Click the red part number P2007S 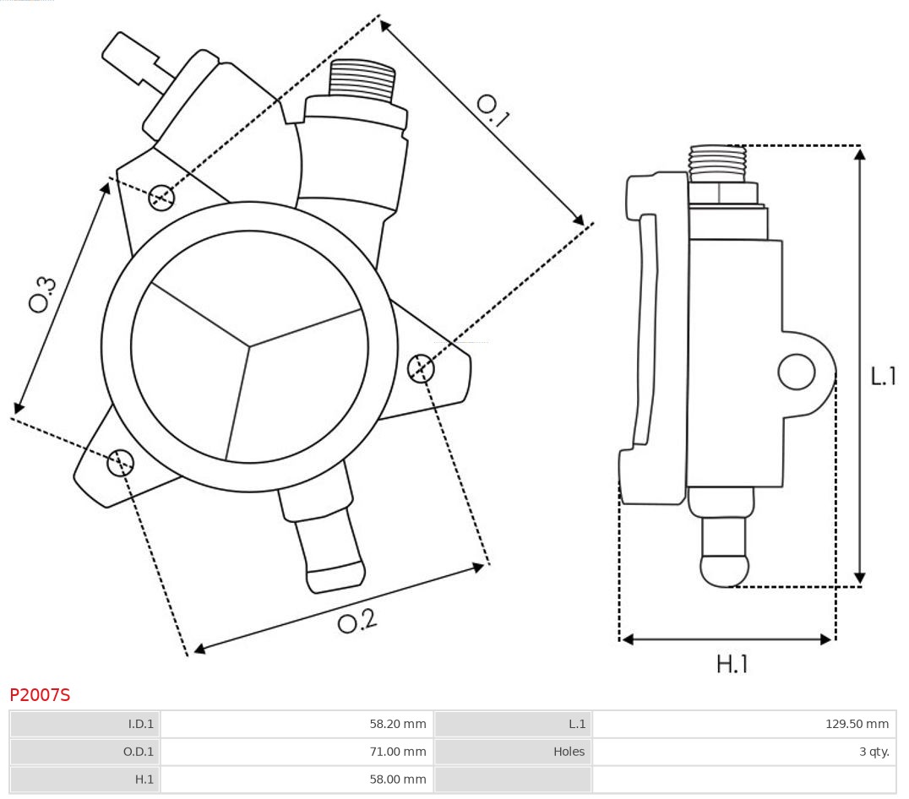[x=40, y=695]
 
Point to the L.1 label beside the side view [x=884, y=377]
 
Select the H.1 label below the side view [x=732, y=665]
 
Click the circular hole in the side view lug [x=796, y=372]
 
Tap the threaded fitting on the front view [x=362, y=80]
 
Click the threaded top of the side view [x=717, y=162]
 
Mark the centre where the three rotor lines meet [x=249, y=345]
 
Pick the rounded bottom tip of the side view [x=726, y=570]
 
